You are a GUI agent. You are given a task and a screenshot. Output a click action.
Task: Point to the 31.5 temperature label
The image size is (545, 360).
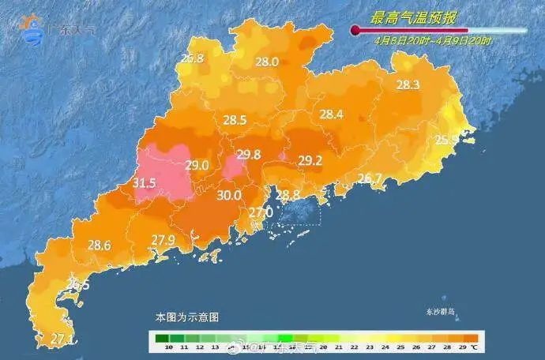click(144, 183)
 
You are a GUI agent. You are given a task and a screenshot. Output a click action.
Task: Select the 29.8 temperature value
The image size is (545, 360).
click(249, 156)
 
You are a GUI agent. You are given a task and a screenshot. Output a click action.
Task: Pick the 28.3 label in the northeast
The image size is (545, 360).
click(408, 85)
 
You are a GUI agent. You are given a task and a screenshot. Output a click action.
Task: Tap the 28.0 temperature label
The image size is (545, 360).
click(266, 62)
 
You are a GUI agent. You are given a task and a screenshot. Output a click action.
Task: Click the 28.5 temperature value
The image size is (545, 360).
click(235, 121)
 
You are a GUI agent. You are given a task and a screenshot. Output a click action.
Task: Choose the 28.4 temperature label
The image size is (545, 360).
click(331, 114)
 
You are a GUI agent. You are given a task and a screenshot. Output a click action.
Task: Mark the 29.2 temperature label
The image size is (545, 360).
click(310, 161)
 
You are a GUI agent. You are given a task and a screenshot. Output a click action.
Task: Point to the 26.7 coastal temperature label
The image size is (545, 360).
click(370, 178)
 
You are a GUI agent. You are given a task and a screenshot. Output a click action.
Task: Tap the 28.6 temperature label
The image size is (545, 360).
click(99, 246)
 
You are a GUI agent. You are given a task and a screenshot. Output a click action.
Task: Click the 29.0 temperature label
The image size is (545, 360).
click(197, 165)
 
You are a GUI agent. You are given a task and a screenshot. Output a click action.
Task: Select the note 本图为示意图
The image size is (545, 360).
click(187, 317)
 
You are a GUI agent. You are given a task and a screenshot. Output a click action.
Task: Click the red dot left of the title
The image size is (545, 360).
click(355, 31)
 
